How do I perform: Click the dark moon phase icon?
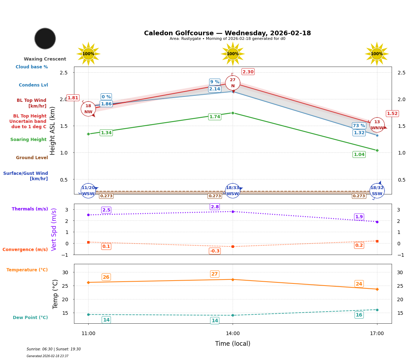[x=45, y=38]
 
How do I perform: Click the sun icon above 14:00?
[x=233, y=54]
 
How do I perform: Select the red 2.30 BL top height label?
[x=248, y=72]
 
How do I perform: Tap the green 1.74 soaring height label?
[x=214, y=117]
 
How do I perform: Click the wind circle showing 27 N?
[x=233, y=83]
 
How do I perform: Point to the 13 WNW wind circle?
[x=377, y=125]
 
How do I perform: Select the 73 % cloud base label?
[x=359, y=126]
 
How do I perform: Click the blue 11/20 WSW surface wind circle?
[x=88, y=191]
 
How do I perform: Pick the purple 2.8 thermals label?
[x=215, y=207]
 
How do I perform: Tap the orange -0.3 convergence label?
[x=214, y=251]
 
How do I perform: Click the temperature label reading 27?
[x=214, y=274]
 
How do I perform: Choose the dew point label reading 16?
[x=359, y=315]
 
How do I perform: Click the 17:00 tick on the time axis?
[x=377, y=334]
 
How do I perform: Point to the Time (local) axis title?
[x=233, y=344]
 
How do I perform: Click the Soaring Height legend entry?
[x=28, y=140]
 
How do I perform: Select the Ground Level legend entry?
[x=32, y=158]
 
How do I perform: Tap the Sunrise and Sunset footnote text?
[x=54, y=349]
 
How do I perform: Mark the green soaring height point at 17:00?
[x=377, y=150]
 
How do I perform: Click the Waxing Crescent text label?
[x=45, y=59]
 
